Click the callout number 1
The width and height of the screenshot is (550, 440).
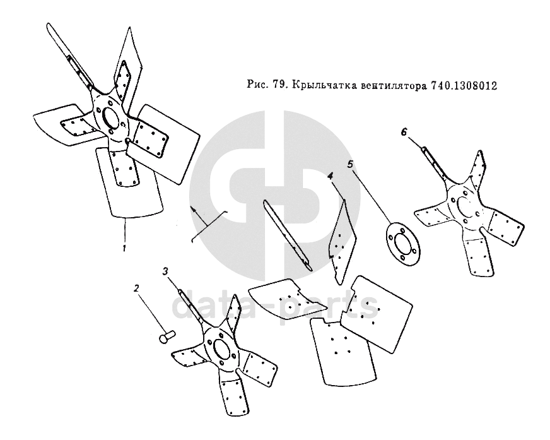124,248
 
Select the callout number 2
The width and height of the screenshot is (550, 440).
136,288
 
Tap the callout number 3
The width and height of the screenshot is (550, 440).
165,271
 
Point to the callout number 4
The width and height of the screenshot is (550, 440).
330,176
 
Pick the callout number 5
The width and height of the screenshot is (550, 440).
351,164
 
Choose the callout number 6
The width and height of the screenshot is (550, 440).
404,132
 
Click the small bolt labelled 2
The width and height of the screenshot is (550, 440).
167,336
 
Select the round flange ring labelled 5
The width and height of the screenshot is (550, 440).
403,242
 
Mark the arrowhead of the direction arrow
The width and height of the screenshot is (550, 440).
192,210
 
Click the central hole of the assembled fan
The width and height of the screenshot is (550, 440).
112,119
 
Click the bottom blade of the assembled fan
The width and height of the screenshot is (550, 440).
130,182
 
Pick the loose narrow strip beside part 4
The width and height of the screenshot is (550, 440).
288,235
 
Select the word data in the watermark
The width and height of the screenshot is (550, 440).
218,306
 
